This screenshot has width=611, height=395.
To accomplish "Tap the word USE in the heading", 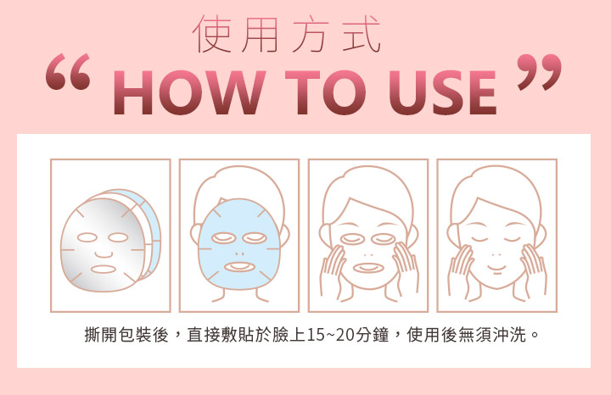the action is tap(443, 92).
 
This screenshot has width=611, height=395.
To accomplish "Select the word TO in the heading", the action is tap(325, 92).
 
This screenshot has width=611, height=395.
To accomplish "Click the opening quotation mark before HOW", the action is tap(68, 72).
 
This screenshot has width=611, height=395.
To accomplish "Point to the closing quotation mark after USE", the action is tap(540, 72).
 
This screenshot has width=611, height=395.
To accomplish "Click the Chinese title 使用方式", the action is tap(287, 34).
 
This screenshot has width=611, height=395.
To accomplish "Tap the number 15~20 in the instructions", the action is tap(330, 335).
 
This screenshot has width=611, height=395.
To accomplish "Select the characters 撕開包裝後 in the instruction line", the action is tap(126, 335).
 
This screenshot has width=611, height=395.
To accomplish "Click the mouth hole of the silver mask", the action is tap(104, 270).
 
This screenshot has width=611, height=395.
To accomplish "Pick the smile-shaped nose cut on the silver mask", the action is tap(104, 254).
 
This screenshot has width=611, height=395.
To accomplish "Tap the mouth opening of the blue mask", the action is tap(238, 267).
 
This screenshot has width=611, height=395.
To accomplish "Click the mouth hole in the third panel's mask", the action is tap(367, 268).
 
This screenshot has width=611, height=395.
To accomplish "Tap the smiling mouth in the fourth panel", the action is tap(496, 268).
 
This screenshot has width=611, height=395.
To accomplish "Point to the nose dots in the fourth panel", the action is tap(496, 255).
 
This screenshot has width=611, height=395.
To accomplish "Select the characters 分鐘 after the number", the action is tap(372, 335).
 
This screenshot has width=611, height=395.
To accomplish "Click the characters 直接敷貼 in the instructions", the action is tap(220, 335).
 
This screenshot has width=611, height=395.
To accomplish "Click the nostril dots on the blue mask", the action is tap(238, 253).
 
